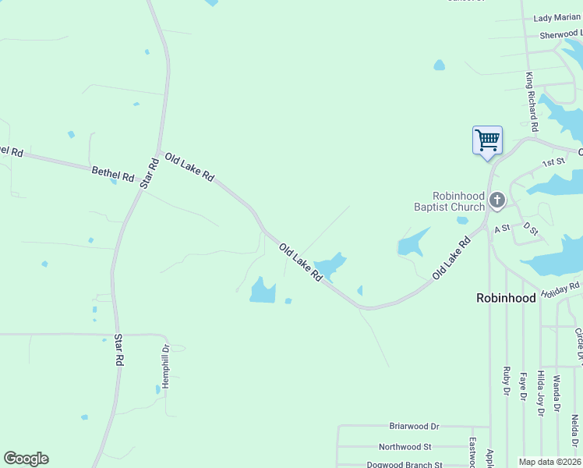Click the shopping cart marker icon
487,141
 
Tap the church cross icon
496,202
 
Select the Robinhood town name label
506,298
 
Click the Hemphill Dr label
165,367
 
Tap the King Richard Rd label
532,101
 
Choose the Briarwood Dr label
414,427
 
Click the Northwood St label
405,447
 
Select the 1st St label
553,162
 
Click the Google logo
26,459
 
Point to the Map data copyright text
550,462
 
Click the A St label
500,228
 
